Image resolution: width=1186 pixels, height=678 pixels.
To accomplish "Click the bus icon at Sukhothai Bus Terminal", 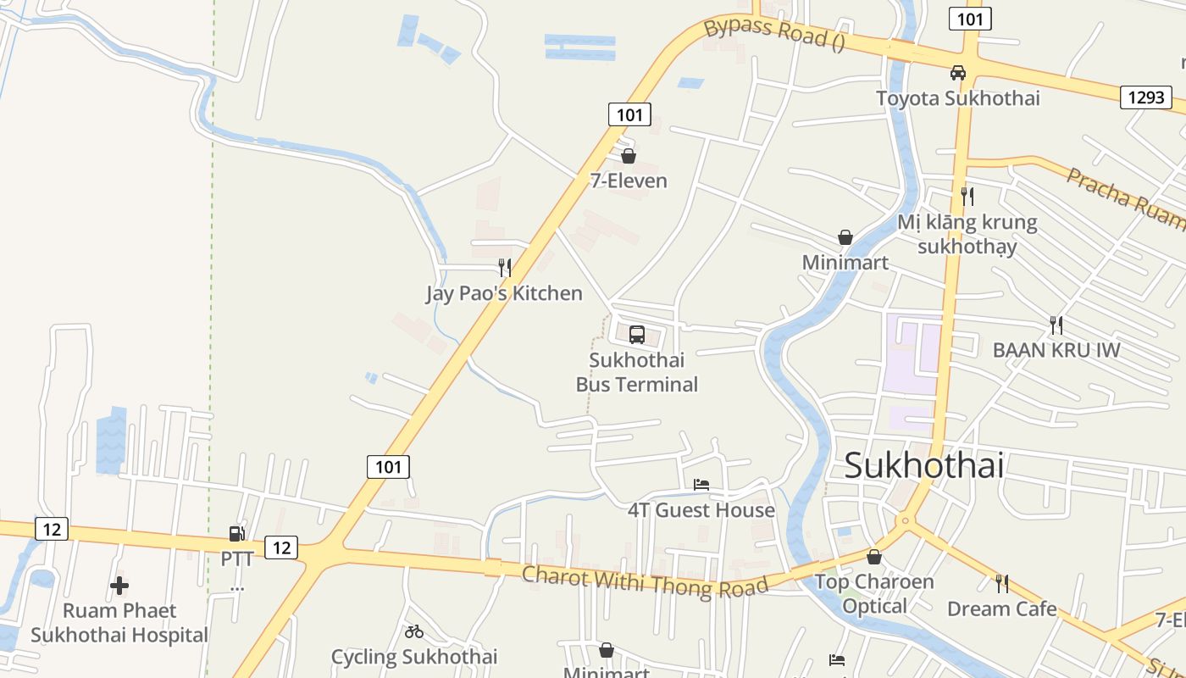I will point(637,334).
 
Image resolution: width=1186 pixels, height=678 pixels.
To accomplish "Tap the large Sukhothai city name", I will point(924,465).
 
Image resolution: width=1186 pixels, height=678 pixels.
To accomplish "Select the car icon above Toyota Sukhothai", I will point(958,73).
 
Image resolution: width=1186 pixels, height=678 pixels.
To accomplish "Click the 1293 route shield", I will point(1146,97).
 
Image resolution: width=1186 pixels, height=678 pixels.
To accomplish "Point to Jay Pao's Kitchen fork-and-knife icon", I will point(505,268).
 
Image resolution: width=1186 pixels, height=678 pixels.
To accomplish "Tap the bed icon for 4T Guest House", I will point(701,485).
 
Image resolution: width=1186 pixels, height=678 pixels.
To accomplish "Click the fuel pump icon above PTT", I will point(236,534).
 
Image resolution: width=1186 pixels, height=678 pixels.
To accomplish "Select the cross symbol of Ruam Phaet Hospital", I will point(119,586).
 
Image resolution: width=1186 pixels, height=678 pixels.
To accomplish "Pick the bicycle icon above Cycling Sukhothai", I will point(414,631).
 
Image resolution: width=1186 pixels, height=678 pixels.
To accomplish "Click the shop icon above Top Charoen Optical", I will point(874,557).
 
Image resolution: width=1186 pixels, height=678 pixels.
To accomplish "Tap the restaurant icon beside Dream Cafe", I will point(1002,583).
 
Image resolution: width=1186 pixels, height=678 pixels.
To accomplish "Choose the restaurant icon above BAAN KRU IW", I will point(1056,325).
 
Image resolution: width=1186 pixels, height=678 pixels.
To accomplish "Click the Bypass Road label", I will point(774,33).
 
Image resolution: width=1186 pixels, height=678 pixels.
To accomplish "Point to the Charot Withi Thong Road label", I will point(645,581).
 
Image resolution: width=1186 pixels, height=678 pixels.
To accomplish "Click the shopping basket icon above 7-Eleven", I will point(629,156).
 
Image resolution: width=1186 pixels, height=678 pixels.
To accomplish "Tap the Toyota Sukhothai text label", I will point(958,98).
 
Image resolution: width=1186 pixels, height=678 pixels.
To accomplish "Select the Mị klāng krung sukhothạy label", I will point(967,235).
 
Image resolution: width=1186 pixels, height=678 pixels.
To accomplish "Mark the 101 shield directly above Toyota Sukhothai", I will point(970,19).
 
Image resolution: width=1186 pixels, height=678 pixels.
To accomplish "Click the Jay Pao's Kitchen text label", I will point(504,293).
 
